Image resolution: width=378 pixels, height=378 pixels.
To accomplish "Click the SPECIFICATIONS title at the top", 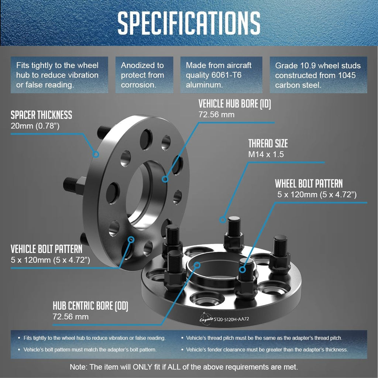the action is (x=189, y=23).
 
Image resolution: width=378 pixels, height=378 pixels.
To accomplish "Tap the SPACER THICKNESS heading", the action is (x=41, y=115).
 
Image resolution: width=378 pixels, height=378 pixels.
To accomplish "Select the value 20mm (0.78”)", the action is (x=35, y=126).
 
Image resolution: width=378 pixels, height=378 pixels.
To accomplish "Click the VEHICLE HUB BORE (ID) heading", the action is (x=234, y=104).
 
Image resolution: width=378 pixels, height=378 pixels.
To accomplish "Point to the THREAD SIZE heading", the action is (x=268, y=144).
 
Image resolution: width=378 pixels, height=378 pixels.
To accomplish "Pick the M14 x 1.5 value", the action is (x=266, y=154).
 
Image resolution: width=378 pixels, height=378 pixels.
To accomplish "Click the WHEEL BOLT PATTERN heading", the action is (x=309, y=184).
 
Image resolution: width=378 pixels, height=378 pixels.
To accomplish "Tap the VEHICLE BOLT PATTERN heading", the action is (x=47, y=249).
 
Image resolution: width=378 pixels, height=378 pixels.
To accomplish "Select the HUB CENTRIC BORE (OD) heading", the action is (x=90, y=306).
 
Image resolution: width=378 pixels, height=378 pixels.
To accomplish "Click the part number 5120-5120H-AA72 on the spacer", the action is (x=231, y=319).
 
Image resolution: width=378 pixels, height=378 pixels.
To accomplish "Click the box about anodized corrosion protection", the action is (x=144, y=75).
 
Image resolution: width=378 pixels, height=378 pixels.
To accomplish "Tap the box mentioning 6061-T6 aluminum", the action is (x=221, y=75).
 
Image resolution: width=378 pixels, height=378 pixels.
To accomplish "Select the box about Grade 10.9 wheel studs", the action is (x=318, y=75).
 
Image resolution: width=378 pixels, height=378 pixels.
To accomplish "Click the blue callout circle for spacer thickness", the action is (x=96, y=154).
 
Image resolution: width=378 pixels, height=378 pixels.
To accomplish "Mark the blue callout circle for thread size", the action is (x=223, y=220).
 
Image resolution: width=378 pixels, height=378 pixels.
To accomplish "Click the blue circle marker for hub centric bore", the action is (x=197, y=265).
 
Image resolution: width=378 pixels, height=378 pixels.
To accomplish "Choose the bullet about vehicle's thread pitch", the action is (x=262, y=338).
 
